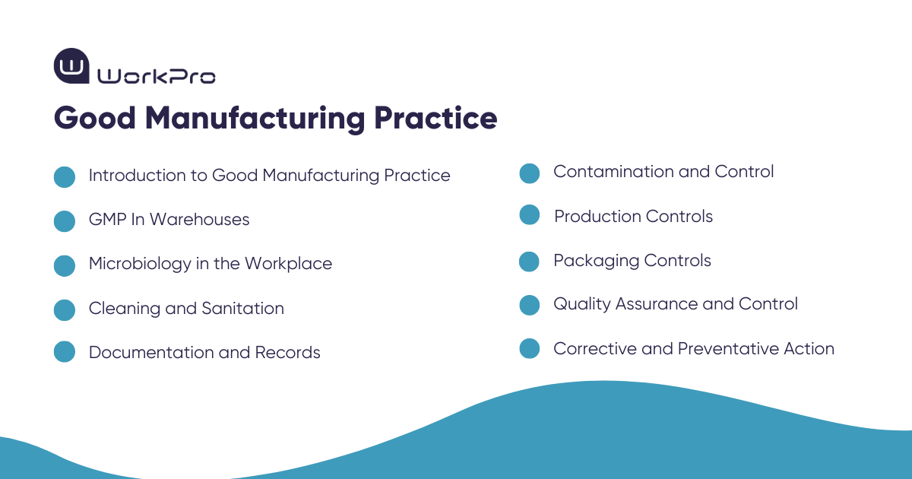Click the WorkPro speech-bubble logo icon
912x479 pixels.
pos(71,66)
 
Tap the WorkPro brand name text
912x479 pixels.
pos(157,76)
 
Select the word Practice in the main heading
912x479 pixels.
pos(435,119)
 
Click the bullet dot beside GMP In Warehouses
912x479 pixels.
pos(65,220)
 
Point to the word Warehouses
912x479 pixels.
pos(200,220)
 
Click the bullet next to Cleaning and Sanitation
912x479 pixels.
pos(65,309)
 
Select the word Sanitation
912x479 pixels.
pos(242,309)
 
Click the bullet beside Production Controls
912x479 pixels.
pos(530,215)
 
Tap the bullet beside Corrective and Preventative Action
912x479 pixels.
pos(530,349)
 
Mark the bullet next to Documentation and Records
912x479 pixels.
pos(65,352)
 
